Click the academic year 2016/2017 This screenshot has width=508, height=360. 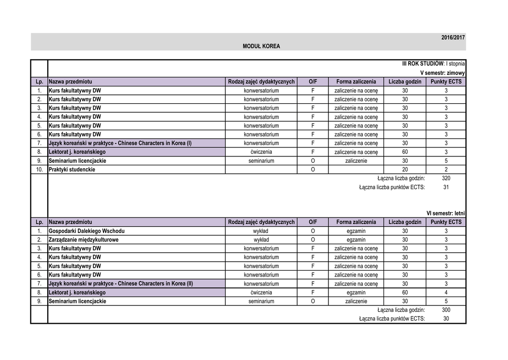[x=453, y=38]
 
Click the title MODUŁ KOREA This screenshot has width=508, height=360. [x=261, y=46]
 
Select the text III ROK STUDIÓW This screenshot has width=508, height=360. [x=423, y=64]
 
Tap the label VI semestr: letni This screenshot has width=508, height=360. [x=445, y=213]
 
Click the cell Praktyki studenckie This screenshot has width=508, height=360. [x=72, y=169]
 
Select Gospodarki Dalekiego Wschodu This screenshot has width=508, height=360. [x=86, y=231]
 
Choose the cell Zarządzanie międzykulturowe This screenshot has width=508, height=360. [x=83, y=240]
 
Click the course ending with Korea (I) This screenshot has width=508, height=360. [x=120, y=143]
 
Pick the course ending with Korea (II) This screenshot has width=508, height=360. [x=121, y=284]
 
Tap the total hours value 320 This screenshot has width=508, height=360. [x=445, y=178]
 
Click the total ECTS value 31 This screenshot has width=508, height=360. [x=445, y=187]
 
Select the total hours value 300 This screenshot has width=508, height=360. [x=445, y=310]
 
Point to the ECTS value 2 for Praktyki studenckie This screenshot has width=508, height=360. [x=445, y=169]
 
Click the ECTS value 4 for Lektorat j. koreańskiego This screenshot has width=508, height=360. [x=445, y=292]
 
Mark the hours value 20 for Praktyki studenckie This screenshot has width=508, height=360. [x=405, y=169]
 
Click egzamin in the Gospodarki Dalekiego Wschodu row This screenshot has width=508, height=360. [x=356, y=231]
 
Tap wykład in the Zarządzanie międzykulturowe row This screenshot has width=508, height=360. [x=261, y=240]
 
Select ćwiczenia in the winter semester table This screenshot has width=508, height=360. [x=261, y=152]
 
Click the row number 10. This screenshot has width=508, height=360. [x=39, y=169]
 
